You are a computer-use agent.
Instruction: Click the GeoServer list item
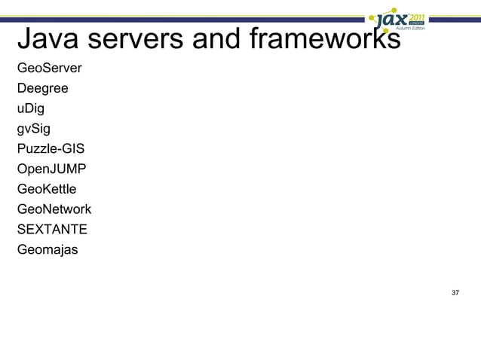pyautogui.click(x=49, y=69)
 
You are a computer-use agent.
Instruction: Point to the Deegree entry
pyautogui.click(x=42, y=89)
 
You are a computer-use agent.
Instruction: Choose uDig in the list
pyautogui.click(x=31, y=108)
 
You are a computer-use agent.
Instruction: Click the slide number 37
pyautogui.click(x=455, y=292)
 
